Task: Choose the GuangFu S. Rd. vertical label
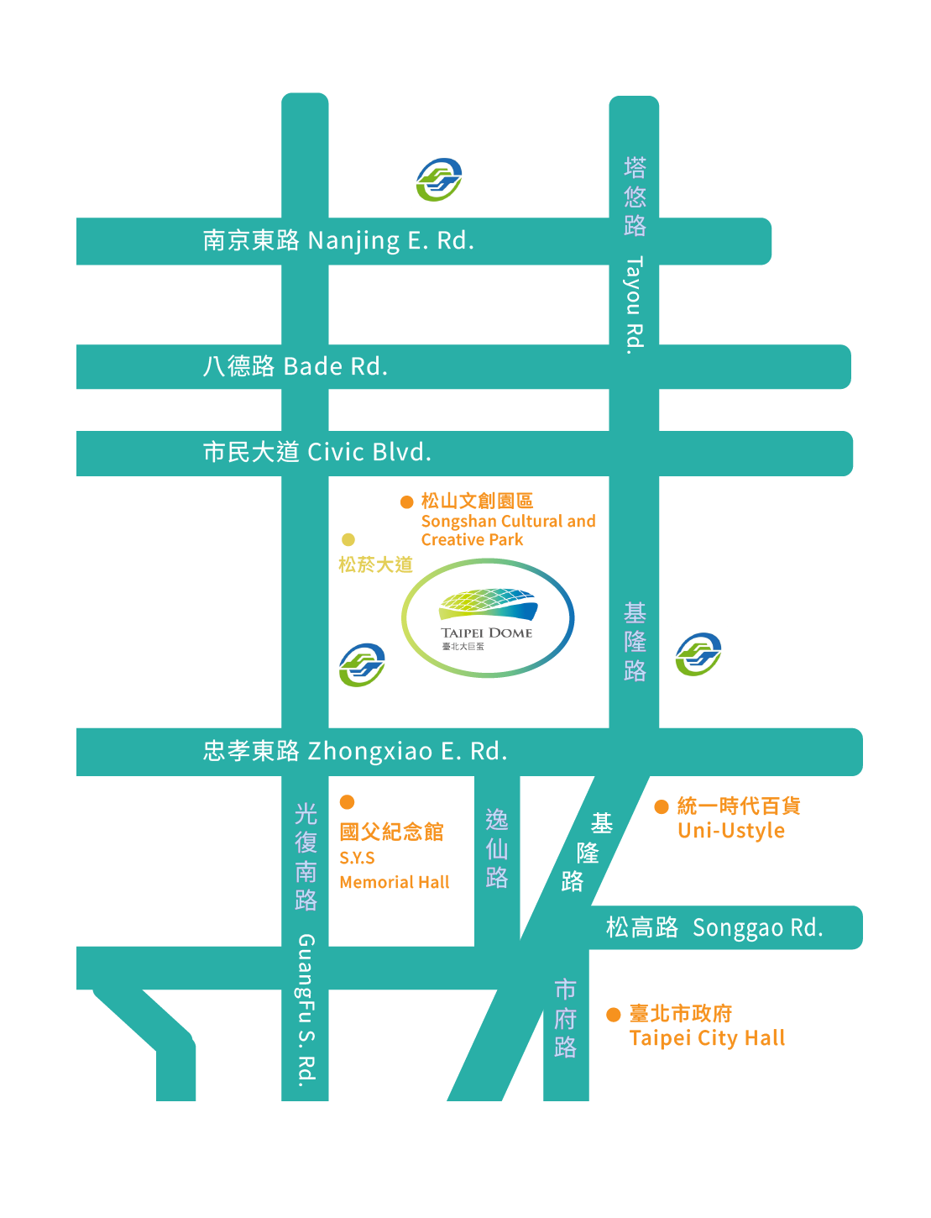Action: [x=306, y=1008]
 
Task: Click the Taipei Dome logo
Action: [x=488, y=618]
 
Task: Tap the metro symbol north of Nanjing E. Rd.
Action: [x=439, y=179]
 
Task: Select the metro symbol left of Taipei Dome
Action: [x=362, y=665]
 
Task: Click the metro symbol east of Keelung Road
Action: [x=698, y=654]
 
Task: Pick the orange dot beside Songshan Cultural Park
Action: [x=407, y=501]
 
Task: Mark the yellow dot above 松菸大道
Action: [x=348, y=539]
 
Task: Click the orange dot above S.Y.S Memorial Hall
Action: [x=347, y=802]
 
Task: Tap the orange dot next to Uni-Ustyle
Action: [x=662, y=806]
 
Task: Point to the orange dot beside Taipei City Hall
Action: [x=614, y=1015]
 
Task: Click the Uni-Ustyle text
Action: [x=731, y=831]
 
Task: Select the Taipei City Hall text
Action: [x=707, y=1038]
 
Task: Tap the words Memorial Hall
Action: [x=394, y=882]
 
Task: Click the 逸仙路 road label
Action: [x=497, y=848]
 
